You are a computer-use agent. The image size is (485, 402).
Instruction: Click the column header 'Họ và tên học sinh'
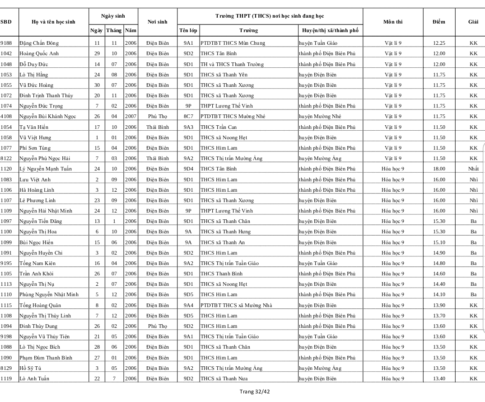(x=53, y=22)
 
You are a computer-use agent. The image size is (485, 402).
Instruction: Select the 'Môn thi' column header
(x=392, y=22)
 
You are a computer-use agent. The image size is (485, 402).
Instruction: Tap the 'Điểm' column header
(x=438, y=22)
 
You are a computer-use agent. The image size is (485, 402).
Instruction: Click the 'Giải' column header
(x=473, y=22)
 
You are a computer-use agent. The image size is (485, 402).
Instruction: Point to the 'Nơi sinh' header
(x=157, y=22)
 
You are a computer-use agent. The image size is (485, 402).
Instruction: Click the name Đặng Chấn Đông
(x=39, y=43)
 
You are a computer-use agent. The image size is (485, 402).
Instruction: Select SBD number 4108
(x=6, y=116)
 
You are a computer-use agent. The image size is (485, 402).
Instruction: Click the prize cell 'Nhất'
(x=473, y=169)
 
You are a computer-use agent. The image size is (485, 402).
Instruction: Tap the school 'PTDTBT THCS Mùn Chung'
(x=233, y=43)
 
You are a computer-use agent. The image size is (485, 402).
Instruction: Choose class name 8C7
(x=188, y=116)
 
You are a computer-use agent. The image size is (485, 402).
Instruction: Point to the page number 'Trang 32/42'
(x=255, y=392)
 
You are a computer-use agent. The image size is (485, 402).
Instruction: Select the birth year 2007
(x=131, y=116)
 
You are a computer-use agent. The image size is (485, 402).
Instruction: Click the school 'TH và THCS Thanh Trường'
(x=232, y=64)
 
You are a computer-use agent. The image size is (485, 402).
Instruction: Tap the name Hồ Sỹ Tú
(x=30, y=368)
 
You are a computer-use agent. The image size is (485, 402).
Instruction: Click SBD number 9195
(x=6, y=263)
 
